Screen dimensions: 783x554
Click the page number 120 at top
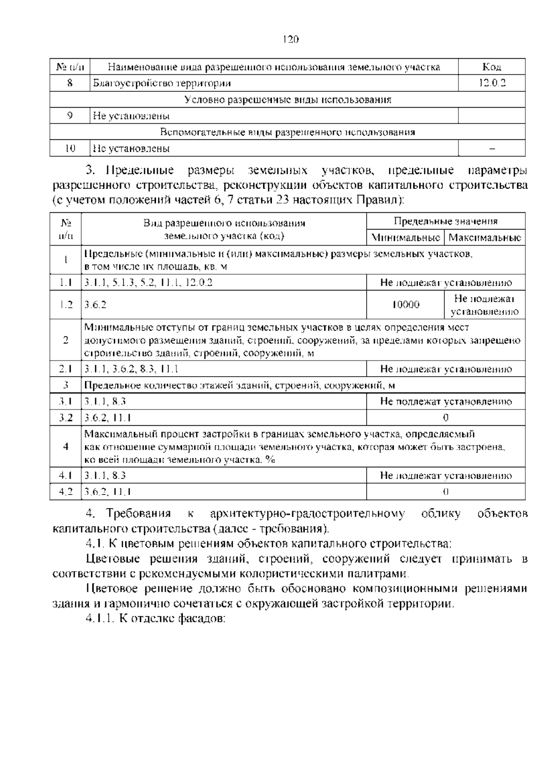pyautogui.click(x=291, y=39)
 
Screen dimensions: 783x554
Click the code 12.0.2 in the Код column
pyautogui.click(x=492, y=83)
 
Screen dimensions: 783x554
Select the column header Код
pyautogui.click(x=492, y=67)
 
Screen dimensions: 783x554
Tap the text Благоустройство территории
pyautogui.click(x=162, y=83)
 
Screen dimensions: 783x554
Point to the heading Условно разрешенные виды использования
pyautogui.click(x=288, y=100)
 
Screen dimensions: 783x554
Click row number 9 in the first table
pyautogui.click(x=70, y=116)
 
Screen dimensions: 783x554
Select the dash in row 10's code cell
pyautogui.click(x=492, y=149)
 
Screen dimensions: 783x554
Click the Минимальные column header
pyautogui.click(x=405, y=238)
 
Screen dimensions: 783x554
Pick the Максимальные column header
pyautogui.click(x=485, y=238)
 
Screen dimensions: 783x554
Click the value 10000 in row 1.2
pyautogui.click(x=405, y=305)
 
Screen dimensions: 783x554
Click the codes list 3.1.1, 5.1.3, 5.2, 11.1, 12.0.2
pyautogui.click(x=148, y=283)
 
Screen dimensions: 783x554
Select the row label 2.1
pyautogui.click(x=66, y=369)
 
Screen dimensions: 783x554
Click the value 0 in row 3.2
pyautogui.click(x=446, y=418)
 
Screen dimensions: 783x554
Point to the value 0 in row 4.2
pyautogui.click(x=446, y=492)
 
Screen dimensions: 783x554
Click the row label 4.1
pyautogui.click(x=66, y=476)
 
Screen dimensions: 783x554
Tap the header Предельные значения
pyautogui.click(x=446, y=221)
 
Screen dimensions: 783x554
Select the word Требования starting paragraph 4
pyautogui.click(x=138, y=514)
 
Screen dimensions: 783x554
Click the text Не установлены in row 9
pyautogui.click(x=131, y=116)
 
